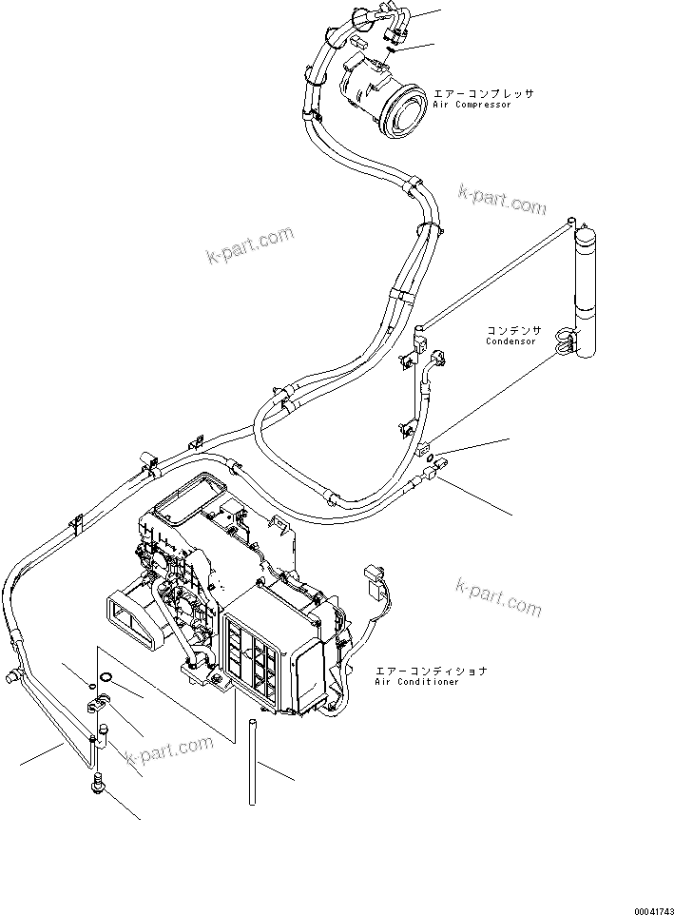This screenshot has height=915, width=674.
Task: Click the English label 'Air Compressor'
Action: (x=472, y=105)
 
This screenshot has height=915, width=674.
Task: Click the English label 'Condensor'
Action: (x=510, y=341)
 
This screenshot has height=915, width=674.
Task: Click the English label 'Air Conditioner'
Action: (x=416, y=682)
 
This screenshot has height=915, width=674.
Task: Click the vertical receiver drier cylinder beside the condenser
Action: (x=586, y=290)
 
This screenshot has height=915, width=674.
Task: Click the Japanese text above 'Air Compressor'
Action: (x=484, y=94)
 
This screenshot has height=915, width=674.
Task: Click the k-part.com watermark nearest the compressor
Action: (x=501, y=199)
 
